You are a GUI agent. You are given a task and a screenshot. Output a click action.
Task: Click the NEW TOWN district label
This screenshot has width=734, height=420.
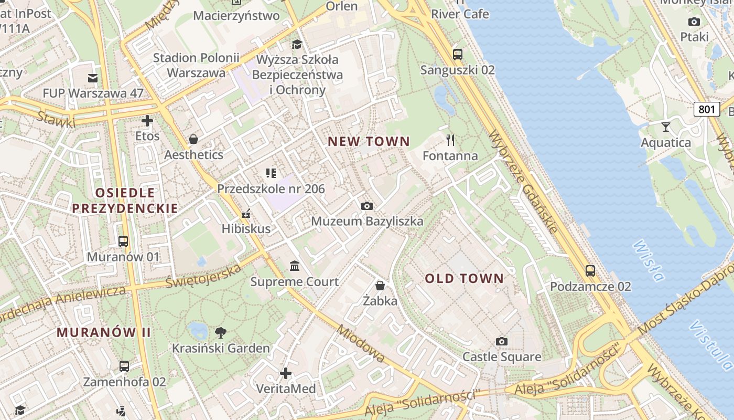point(369,141)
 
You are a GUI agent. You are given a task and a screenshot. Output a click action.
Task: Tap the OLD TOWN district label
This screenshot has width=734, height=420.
point(464,278)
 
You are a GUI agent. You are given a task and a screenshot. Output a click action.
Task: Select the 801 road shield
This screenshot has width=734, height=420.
point(706,109)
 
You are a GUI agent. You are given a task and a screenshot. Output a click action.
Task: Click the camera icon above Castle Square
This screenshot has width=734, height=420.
point(502,342)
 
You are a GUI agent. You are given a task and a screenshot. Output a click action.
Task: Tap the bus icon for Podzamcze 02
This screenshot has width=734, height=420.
point(590,271)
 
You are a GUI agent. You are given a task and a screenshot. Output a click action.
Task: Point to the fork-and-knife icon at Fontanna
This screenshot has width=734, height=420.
point(450,140)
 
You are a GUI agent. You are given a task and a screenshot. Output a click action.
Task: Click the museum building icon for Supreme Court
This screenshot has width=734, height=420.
point(295,266)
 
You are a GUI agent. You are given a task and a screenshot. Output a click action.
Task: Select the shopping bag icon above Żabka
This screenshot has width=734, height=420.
point(380,286)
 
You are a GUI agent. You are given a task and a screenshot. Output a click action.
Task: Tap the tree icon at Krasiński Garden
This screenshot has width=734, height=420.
point(221,332)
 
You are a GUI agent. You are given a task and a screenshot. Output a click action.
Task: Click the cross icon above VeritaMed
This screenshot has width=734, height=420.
point(286,373)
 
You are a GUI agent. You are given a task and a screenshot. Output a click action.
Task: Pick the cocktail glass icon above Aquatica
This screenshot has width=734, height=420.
point(666,127)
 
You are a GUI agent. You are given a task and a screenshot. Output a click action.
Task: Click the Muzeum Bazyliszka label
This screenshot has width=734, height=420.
point(367,221)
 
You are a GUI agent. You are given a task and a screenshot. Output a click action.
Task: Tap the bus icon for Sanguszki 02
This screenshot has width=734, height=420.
point(457,54)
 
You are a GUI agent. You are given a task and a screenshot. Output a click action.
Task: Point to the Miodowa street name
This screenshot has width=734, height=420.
point(360,344)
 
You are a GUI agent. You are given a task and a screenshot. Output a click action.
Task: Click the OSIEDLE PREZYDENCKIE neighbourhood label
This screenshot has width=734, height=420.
point(125,201)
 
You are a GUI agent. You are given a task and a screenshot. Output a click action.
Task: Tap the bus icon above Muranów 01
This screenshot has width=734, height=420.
point(123,241)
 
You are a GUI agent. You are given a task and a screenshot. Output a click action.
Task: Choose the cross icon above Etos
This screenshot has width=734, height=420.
point(147,121)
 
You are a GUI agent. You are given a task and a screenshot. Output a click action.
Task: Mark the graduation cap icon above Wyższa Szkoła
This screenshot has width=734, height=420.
point(297,44)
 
